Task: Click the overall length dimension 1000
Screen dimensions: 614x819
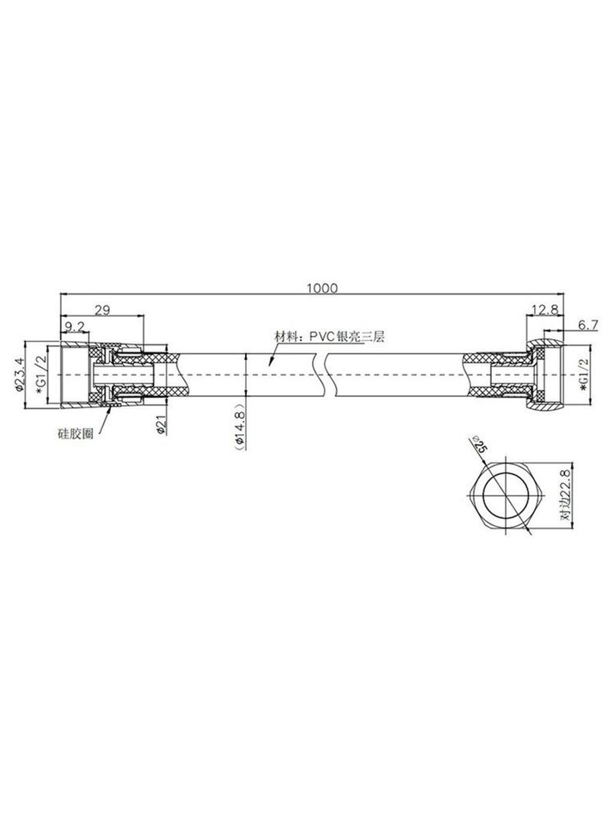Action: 322,288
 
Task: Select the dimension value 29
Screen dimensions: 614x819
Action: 102,310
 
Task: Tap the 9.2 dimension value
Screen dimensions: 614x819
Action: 75,326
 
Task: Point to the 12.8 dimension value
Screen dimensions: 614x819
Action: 545,309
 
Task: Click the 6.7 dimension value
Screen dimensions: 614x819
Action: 588,325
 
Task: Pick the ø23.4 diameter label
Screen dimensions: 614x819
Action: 19,374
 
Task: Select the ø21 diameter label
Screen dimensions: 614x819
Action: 161,424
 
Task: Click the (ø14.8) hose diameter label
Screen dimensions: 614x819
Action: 239,426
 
